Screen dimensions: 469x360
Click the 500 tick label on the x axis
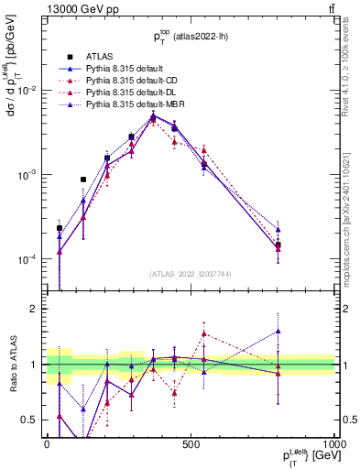[191, 444]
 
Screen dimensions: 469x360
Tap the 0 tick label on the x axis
[47, 444]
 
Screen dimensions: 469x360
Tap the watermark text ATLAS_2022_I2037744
[190, 274]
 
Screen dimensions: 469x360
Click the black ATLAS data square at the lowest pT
[60, 228]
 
